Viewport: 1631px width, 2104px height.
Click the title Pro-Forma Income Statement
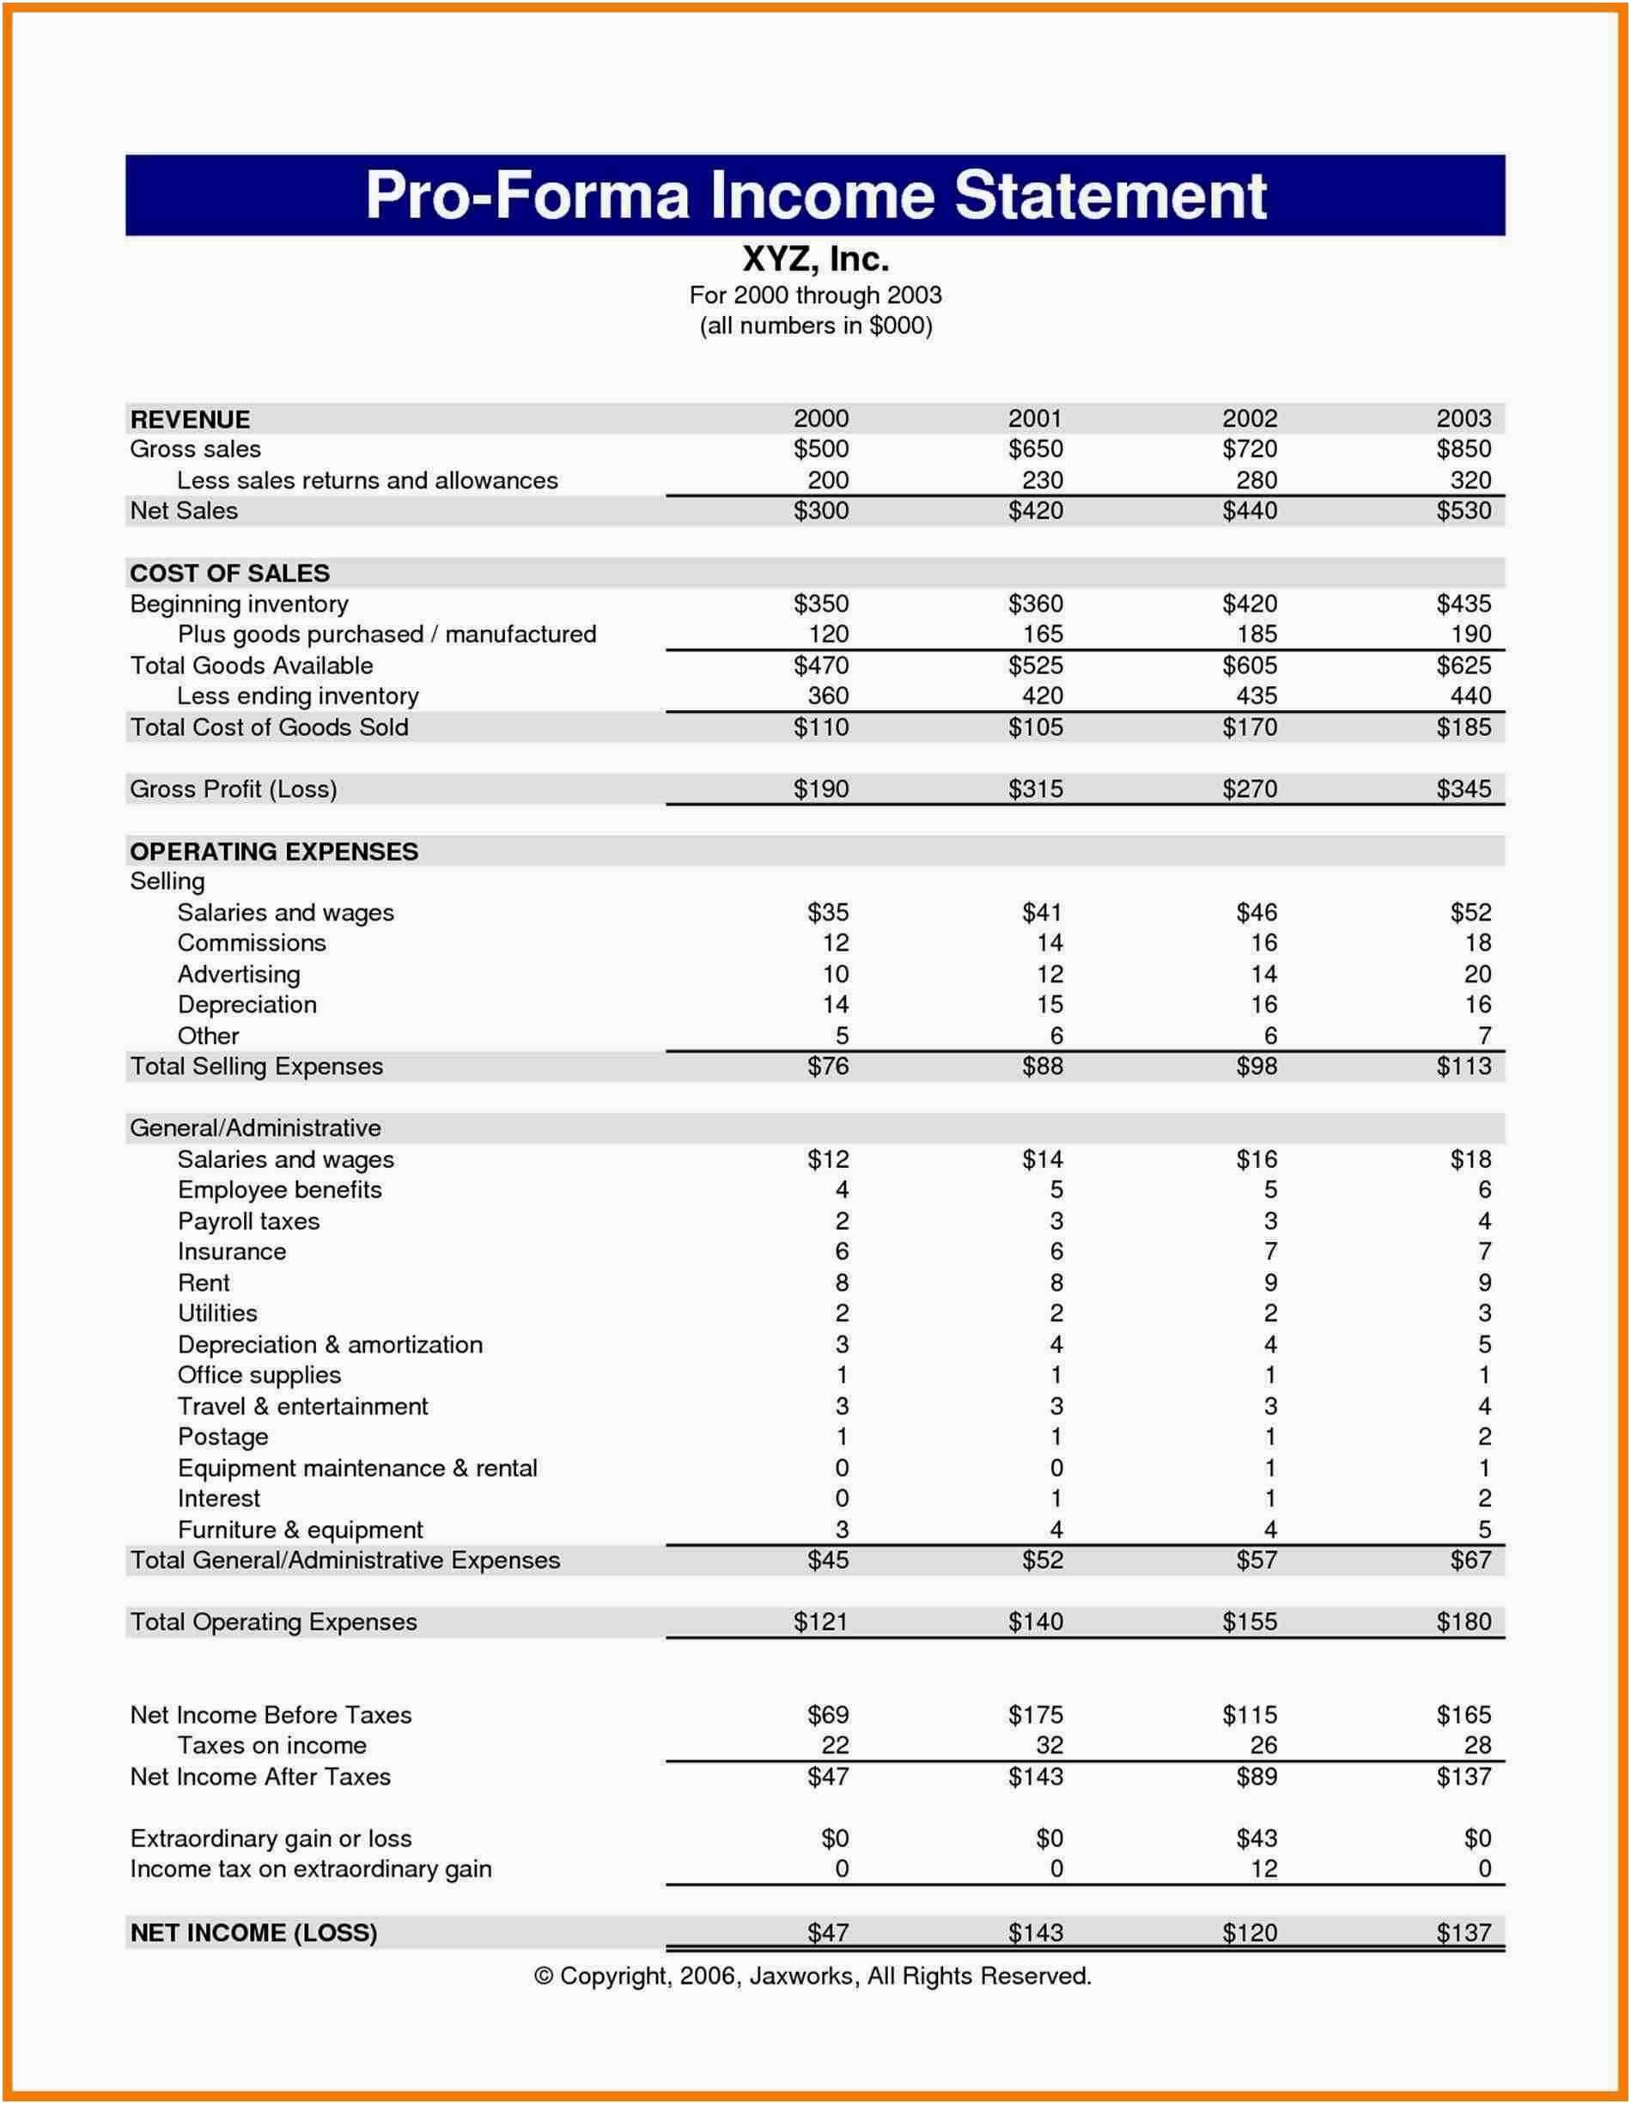815,196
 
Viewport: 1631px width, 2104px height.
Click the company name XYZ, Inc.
815,258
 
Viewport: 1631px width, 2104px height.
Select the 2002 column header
1249,418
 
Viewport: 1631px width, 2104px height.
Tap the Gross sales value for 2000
821,449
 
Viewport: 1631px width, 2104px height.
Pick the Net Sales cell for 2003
1463,511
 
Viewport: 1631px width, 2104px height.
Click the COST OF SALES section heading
229,573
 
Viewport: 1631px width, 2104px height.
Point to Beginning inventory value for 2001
1035,604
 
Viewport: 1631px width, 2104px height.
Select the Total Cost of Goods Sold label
269,727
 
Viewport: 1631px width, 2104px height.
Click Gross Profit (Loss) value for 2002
1249,789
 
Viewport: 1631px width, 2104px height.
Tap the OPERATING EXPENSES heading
274,852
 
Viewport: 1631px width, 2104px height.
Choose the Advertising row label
239,974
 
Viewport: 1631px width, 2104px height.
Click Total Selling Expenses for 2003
1463,1067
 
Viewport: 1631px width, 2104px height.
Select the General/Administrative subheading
255,1128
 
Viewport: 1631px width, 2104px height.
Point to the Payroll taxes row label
248,1221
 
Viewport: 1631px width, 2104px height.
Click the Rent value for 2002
1269,1283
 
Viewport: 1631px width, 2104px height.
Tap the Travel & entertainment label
302,1407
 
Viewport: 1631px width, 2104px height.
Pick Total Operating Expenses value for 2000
821,1621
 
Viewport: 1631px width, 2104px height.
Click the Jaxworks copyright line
812,1976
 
